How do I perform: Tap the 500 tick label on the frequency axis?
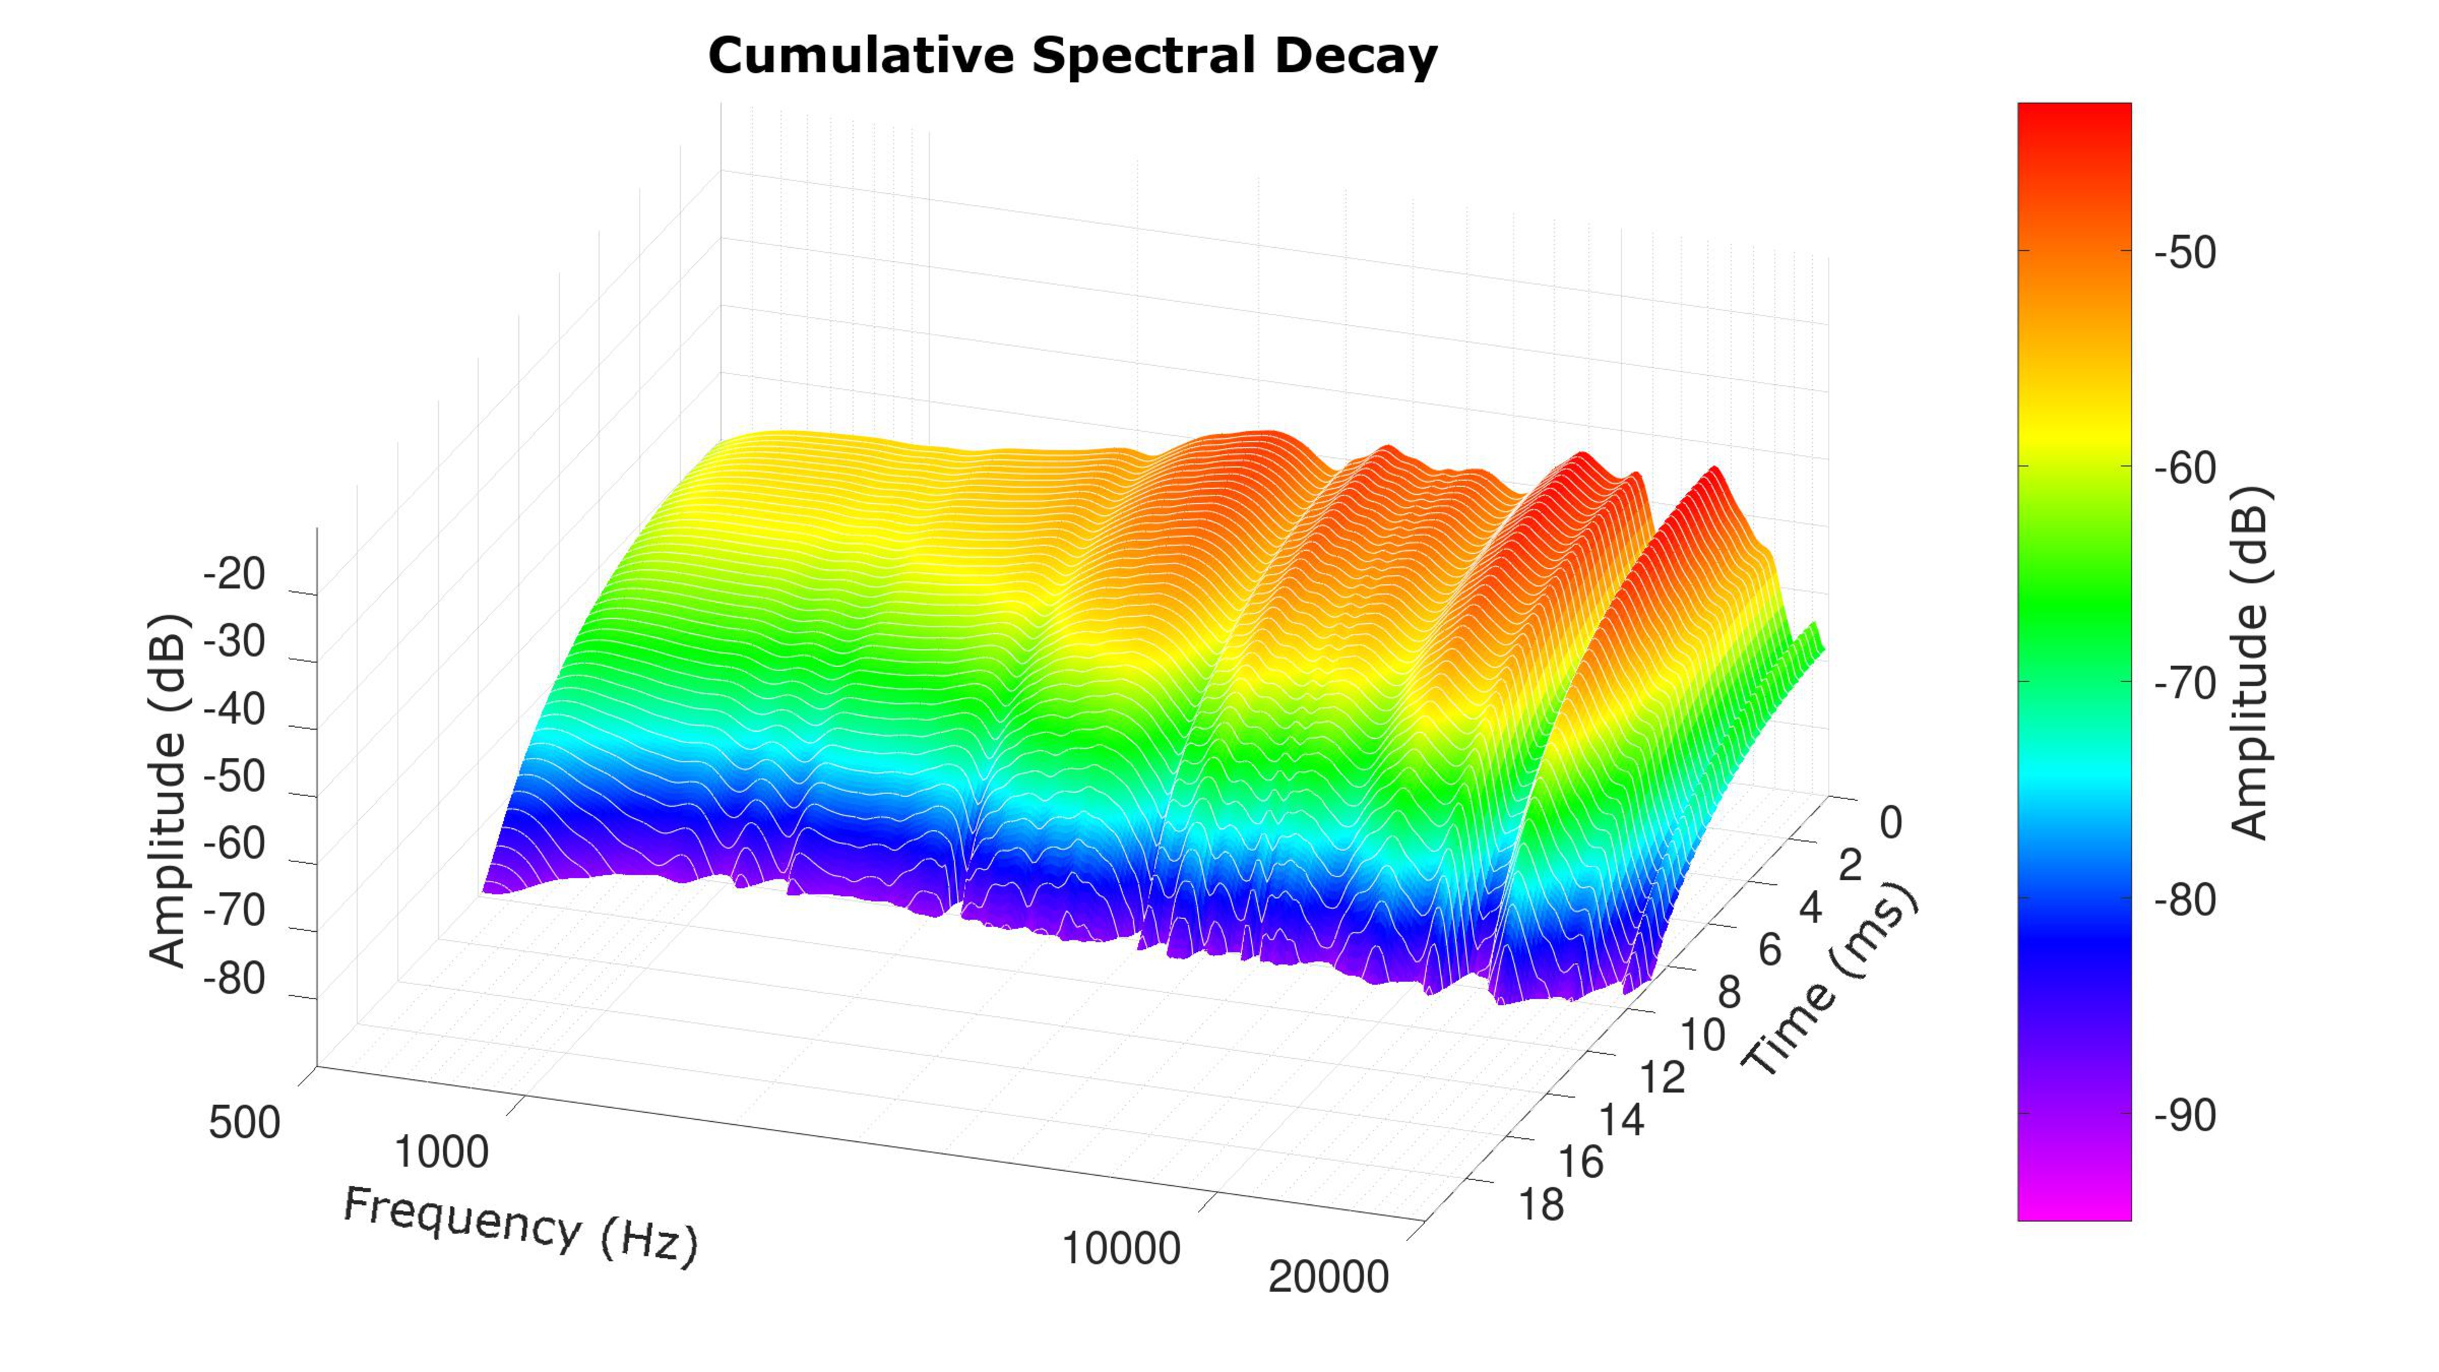pyautogui.click(x=245, y=1123)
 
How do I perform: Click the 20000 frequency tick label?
pyautogui.click(x=1327, y=1277)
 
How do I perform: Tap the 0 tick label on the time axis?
pyautogui.click(x=1890, y=823)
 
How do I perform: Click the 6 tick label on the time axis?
pyautogui.click(x=1770, y=950)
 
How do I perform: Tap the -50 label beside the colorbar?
pyautogui.click(x=2184, y=253)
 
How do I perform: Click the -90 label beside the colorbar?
pyautogui.click(x=2184, y=1115)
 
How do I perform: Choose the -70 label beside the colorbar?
pyautogui.click(x=2184, y=683)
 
